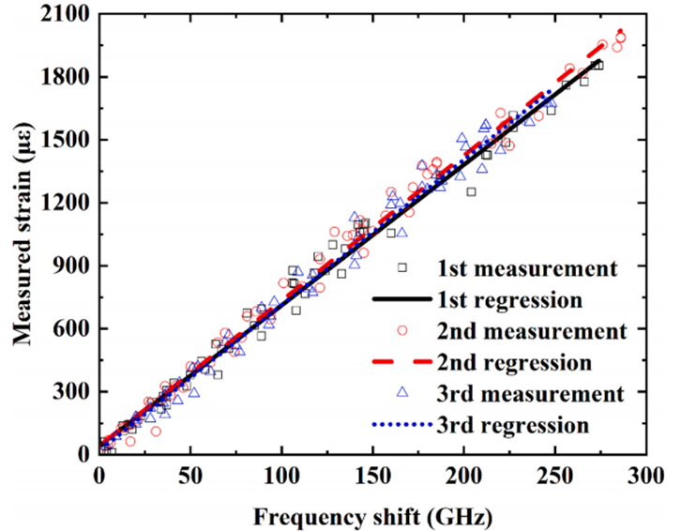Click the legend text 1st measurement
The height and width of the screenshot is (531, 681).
(x=526, y=268)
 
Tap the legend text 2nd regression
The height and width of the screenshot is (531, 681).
(x=514, y=362)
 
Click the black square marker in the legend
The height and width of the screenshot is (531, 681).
(x=402, y=267)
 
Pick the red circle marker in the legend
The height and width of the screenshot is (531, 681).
(x=402, y=330)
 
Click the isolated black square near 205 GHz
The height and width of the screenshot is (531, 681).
(x=471, y=191)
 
